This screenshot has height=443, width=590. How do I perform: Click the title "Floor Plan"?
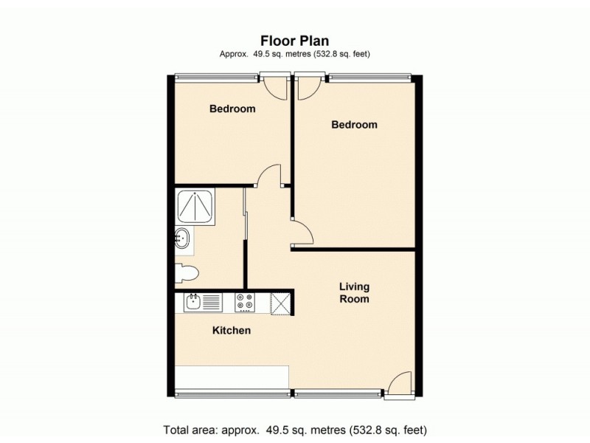tap(295, 41)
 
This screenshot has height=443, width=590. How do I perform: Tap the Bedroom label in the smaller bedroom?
tap(232, 109)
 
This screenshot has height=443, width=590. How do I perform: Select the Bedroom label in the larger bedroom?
tap(354, 125)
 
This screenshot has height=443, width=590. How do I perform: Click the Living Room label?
tap(354, 292)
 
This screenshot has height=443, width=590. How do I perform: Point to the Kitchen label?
tap(232, 331)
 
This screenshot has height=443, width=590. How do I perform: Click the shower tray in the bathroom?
tap(195, 206)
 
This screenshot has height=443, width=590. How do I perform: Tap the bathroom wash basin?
tap(182, 238)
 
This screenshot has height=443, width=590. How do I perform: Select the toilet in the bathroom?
tap(187, 273)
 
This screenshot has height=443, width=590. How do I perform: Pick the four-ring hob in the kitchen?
tap(244, 301)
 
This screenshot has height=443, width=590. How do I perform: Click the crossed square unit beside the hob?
tap(281, 302)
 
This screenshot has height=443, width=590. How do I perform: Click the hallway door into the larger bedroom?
tap(302, 231)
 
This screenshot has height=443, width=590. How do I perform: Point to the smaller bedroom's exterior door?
tap(275, 86)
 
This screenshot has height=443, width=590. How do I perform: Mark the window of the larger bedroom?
tap(369, 76)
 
